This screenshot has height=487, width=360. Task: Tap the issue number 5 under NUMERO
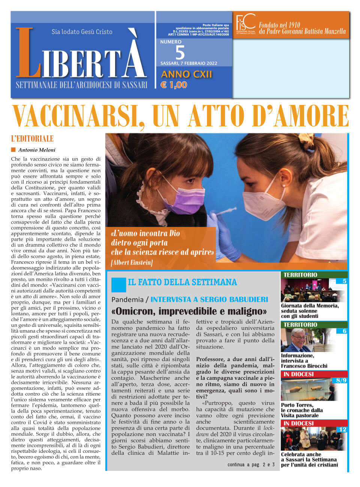click(180, 52)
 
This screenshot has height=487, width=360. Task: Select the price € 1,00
click(174, 85)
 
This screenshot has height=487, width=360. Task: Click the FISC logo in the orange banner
click(246, 24)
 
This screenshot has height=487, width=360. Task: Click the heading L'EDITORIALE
click(33, 139)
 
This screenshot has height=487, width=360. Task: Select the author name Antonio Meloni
click(37, 150)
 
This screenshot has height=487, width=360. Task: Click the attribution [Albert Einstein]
click(132, 262)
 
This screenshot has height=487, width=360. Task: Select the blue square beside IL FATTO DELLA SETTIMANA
click(118, 284)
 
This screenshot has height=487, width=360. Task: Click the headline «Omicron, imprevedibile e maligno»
click(189, 311)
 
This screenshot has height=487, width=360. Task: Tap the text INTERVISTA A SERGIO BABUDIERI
click(209, 299)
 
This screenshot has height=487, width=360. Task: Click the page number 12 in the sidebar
click(342, 430)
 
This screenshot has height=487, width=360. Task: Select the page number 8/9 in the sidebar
click(341, 380)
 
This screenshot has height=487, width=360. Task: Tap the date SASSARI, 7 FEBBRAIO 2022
click(189, 63)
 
